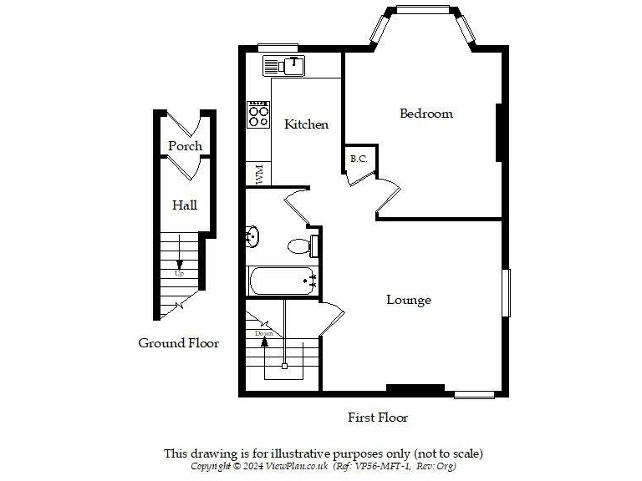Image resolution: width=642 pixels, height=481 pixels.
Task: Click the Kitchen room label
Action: pos(307,124)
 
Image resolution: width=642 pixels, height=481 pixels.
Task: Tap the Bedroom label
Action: pos(425,114)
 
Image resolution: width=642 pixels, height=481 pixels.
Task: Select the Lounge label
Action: pos(409,300)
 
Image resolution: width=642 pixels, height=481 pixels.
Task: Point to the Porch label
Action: pos(185,146)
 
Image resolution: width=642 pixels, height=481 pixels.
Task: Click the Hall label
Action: pos(185,205)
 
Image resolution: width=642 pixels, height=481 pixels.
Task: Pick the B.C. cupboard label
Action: pos(359,159)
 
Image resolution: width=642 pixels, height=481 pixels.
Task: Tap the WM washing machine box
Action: pos(259,175)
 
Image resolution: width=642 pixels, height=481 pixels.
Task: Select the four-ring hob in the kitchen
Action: pos(259,114)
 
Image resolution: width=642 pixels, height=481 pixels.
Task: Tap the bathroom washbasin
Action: pos(252,238)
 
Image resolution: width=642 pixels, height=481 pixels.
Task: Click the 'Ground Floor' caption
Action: pos(179,343)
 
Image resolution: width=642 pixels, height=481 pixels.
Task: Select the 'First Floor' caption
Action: pos(378,417)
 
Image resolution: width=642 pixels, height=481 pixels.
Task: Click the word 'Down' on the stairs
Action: pos(264,333)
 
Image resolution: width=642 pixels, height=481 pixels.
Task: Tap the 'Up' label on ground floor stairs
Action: pos(179,273)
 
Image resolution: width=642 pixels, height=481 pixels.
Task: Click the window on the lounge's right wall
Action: pos(506,292)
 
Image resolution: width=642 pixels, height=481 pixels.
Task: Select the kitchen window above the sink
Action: pos(278,47)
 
